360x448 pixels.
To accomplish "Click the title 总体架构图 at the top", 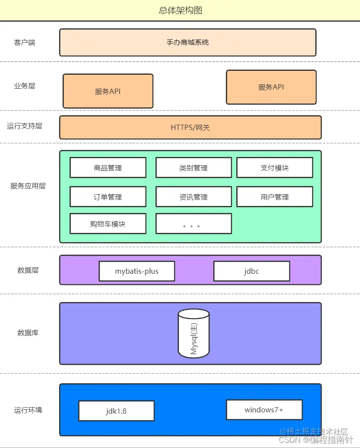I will [x=180, y=10].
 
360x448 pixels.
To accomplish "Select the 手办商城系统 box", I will [x=188, y=43].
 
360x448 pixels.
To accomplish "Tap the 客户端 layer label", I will [x=24, y=43].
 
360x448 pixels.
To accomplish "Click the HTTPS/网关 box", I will [x=190, y=128].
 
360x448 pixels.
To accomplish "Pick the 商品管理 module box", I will [x=108, y=168].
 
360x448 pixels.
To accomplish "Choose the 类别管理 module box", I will [x=194, y=168].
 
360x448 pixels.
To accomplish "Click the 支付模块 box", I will [x=274, y=168].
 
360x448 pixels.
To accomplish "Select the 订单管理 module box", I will [x=108, y=197].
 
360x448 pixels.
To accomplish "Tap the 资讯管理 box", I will [x=194, y=197].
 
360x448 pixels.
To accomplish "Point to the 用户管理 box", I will [x=274, y=197].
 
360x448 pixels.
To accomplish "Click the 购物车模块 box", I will [x=108, y=224].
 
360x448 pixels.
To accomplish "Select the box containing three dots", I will [x=194, y=224].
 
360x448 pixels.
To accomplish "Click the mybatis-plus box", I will [x=137, y=271].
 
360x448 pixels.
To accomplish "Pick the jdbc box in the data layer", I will [x=251, y=271].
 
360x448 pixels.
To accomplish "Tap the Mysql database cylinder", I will [x=194, y=333].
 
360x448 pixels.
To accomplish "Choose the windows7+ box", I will [x=264, y=410].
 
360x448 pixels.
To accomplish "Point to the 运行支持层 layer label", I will [x=24, y=126].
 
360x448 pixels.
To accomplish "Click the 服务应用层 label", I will [x=28, y=186].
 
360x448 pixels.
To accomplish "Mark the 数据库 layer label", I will [x=28, y=333].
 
